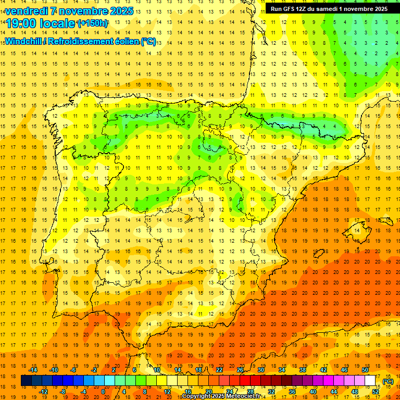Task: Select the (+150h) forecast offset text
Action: point(93,23)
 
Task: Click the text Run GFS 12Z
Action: point(292,9)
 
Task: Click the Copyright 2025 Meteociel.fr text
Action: point(221,396)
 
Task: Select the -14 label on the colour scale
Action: point(32,370)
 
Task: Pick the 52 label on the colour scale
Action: point(376,392)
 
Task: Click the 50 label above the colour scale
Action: point(365,370)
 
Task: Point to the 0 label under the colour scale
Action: point(103,392)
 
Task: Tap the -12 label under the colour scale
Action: point(43,392)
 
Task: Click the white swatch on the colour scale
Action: point(370,381)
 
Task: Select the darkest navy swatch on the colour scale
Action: point(26,381)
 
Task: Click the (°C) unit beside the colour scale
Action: point(388,381)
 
